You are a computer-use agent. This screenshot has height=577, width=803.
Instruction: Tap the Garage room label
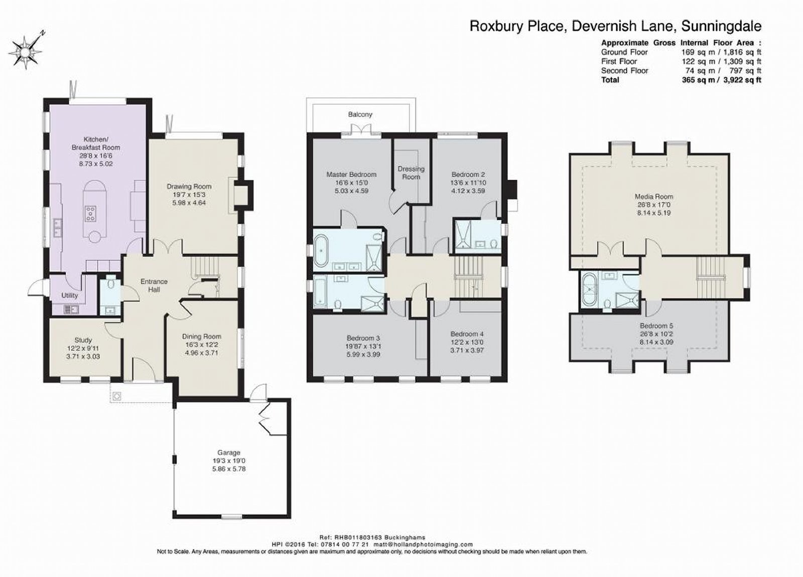click(x=229, y=453)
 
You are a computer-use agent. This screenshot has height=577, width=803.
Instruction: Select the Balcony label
click(x=360, y=114)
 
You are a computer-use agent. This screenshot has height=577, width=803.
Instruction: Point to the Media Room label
click(x=654, y=196)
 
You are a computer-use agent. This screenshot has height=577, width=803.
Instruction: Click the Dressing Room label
click(x=411, y=173)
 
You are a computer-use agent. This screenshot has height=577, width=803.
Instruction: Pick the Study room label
click(x=83, y=340)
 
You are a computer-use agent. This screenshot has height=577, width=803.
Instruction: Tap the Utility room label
click(x=70, y=296)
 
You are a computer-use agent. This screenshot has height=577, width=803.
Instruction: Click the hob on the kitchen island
click(x=91, y=214)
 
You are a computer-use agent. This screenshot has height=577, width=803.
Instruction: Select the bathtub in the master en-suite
click(x=321, y=251)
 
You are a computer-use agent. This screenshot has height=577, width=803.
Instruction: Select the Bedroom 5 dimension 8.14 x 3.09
click(x=656, y=342)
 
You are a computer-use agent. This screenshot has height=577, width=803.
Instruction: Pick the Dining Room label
click(x=201, y=337)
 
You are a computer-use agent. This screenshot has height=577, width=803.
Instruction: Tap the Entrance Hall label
click(x=154, y=285)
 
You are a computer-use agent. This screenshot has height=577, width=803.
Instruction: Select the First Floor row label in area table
click(x=619, y=61)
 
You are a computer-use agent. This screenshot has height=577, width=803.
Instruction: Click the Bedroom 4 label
click(x=467, y=334)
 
